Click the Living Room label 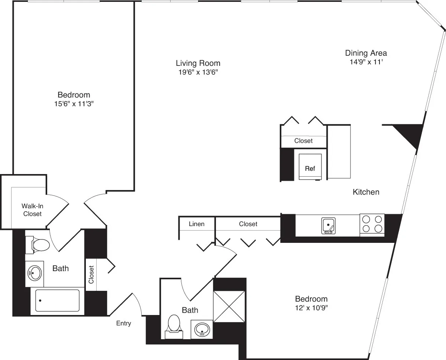tap(198, 63)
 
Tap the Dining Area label tap(366, 53)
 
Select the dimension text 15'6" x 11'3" tap(74, 104)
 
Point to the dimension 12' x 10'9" tap(311, 308)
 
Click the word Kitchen tap(366, 192)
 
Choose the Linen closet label tap(197, 224)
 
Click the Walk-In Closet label tap(32, 210)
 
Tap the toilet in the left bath tap(39, 245)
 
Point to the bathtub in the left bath tap(57, 300)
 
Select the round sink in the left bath tap(34, 273)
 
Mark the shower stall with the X tap(229, 306)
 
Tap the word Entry tap(123, 323)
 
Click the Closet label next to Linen tap(248, 224)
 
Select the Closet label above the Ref tap(303, 141)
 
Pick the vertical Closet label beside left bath tap(91, 274)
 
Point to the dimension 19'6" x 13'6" tap(198, 73)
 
